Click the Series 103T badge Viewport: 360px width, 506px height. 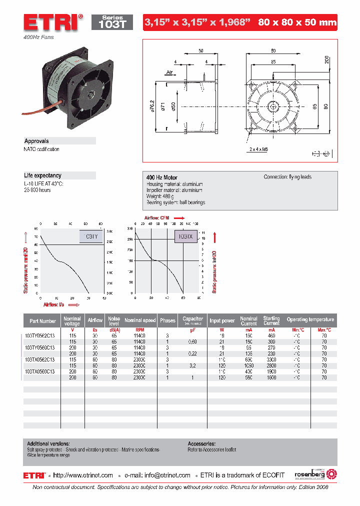tap(112, 22)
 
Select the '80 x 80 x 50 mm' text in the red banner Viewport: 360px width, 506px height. tap(297, 22)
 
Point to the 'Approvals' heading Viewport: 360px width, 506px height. tap(37, 141)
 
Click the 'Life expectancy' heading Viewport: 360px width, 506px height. tap(43, 175)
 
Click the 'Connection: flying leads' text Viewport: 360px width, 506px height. tap(288, 177)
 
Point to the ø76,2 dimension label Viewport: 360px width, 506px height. tap(152, 106)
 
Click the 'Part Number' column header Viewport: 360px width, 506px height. tap(42, 320)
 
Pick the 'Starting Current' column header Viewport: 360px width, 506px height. tap(271, 320)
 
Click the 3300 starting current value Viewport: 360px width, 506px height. tap(271, 359)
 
